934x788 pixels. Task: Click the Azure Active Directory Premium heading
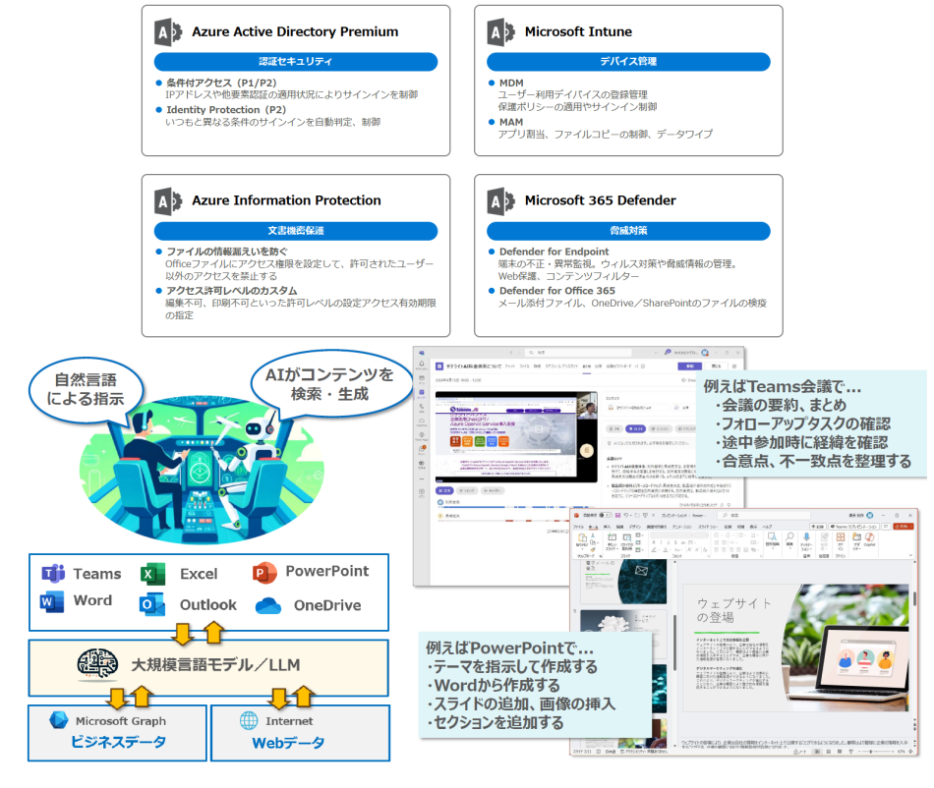coord(294,31)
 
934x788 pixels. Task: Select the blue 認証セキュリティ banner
coord(295,62)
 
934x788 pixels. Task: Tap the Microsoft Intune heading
coord(577,31)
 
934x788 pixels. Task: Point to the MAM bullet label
coord(510,122)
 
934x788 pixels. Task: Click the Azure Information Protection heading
coord(285,200)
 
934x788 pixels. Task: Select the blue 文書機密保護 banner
coord(295,231)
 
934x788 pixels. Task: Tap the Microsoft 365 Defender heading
coord(600,200)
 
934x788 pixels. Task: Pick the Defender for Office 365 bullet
coord(556,291)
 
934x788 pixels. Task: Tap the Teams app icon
coord(53,574)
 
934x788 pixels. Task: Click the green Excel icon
coord(152,574)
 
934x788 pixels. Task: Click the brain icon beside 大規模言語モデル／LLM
coord(98,666)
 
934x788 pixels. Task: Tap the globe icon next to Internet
coord(249,721)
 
